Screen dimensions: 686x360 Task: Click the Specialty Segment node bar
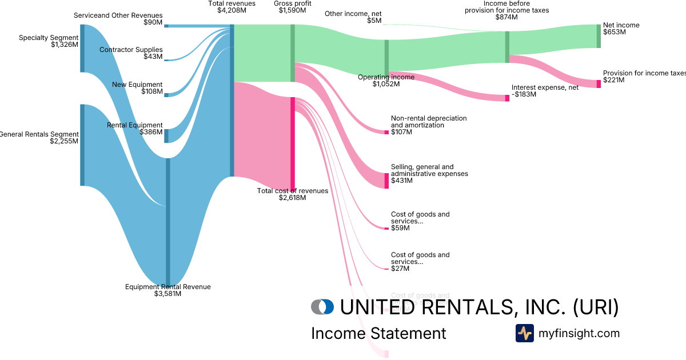click(x=82, y=48)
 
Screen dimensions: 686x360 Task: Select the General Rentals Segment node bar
click(x=82, y=145)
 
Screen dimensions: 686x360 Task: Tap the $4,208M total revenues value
click(x=232, y=10)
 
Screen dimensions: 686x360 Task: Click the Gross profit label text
click(x=292, y=3)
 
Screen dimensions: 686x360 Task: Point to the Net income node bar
click(x=599, y=36)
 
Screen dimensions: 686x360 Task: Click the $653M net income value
click(x=615, y=33)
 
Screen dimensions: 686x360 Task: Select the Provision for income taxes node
click(x=599, y=83)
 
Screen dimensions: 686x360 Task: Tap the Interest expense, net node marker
click(x=507, y=98)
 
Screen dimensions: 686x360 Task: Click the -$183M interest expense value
click(x=524, y=94)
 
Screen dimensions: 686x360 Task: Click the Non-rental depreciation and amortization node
click(x=386, y=132)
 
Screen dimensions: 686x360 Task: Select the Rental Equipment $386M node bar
click(x=166, y=135)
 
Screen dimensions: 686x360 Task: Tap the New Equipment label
click(x=137, y=85)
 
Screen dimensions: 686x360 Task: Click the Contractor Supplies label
click(x=131, y=50)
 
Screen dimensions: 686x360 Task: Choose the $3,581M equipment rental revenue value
click(x=167, y=294)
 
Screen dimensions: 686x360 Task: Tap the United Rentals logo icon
click(x=322, y=307)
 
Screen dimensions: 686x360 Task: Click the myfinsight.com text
click(x=579, y=333)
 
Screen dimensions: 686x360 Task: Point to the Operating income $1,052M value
click(x=386, y=84)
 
